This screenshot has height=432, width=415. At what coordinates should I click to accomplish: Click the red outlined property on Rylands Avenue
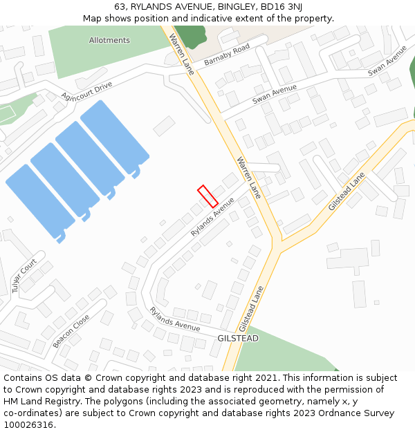207,196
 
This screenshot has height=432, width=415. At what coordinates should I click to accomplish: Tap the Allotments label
109,40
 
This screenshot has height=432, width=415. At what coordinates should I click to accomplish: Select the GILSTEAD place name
238,339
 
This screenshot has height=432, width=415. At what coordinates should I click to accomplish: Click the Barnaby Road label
227,55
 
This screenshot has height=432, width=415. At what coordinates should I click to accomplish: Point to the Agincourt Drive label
86,90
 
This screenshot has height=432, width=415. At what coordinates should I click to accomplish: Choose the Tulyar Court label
24,276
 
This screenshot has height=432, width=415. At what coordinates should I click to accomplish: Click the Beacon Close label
71,331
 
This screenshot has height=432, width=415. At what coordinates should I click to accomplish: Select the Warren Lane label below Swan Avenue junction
248,178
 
